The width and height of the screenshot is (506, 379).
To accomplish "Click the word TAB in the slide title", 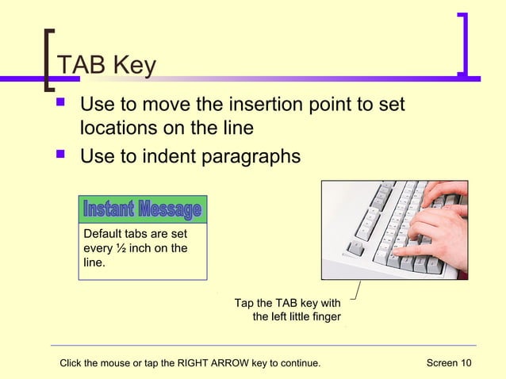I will pyautogui.click(x=82, y=66).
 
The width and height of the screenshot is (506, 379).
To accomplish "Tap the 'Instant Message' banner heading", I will pyautogui.click(x=142, y=209).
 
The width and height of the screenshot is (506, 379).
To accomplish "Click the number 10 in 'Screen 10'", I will pyautogui.click(x=466, y=363).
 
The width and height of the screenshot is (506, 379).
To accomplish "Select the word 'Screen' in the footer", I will pyautogui.click(x=441, y=363).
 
